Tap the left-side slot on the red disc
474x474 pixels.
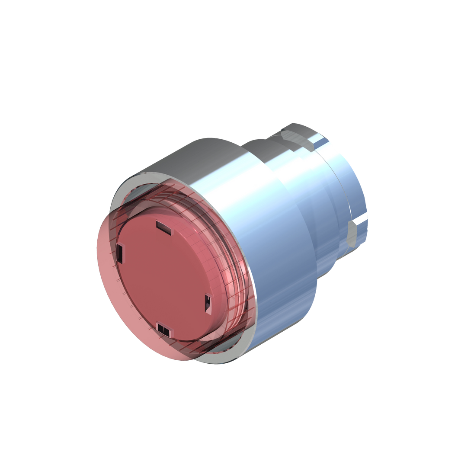(x=120, y=252)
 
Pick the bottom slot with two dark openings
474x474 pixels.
(x=163, y=329)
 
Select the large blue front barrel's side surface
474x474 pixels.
(x=281, y=268)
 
